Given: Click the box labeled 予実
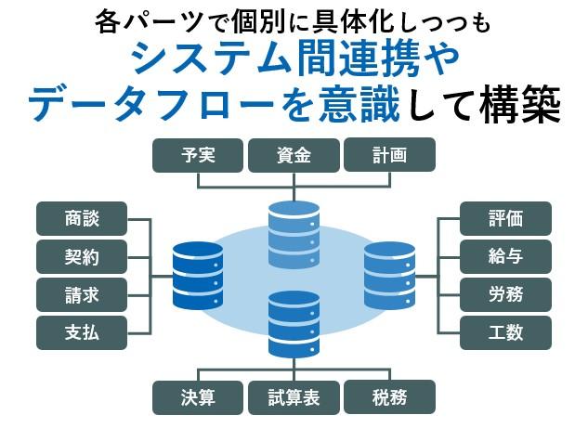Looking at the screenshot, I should pos(198,156).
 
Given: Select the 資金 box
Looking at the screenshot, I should pos(294,156).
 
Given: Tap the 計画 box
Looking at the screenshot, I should pos(389,156).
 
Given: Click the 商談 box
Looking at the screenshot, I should pos(82,219).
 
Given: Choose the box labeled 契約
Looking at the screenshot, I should pos(82,257).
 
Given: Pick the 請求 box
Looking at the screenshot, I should pos(82,295).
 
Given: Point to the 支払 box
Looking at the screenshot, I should pos(82,333).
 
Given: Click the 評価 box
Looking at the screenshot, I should pos(505,219).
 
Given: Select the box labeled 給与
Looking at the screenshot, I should pos(505,257).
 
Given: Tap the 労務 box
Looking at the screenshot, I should pos(505,295).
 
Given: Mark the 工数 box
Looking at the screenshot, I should pos(505,333).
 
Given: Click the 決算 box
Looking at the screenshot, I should pos(198,397).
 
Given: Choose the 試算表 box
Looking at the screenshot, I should pos(294,397).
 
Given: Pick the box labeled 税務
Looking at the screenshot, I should pos(389,397).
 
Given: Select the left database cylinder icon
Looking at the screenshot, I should pos(198,276).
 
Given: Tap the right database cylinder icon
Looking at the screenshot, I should pos(389,276).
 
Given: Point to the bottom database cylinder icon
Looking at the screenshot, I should pos(294,324).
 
